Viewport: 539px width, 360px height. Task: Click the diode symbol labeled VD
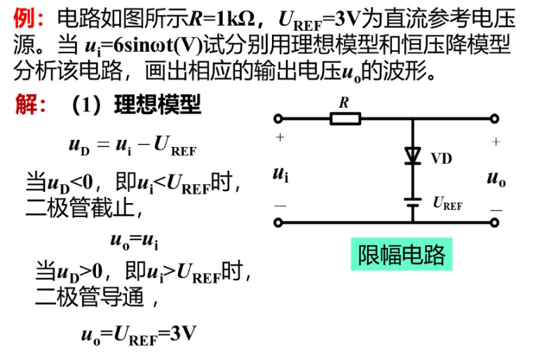click(x=412, y=156)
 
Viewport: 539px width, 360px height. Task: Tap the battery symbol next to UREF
click(x=412, y=203)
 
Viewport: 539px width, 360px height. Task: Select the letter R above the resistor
click(x=344, y=102)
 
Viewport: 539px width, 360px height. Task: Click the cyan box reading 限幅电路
click(x=401, y=254)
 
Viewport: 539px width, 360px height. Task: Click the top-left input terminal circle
click(x=278, y=118)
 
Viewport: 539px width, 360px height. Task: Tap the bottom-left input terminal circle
click(x=278, y=223)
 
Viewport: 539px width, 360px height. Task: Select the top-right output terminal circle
click(x=496, y=118)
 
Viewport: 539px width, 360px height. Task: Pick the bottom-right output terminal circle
click(x=496, y=223)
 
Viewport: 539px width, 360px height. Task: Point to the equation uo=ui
click(x=134, y=240)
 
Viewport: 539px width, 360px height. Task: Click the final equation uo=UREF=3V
click(x=138, y=334)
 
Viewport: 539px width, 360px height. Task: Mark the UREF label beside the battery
click(x=447, y=204)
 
